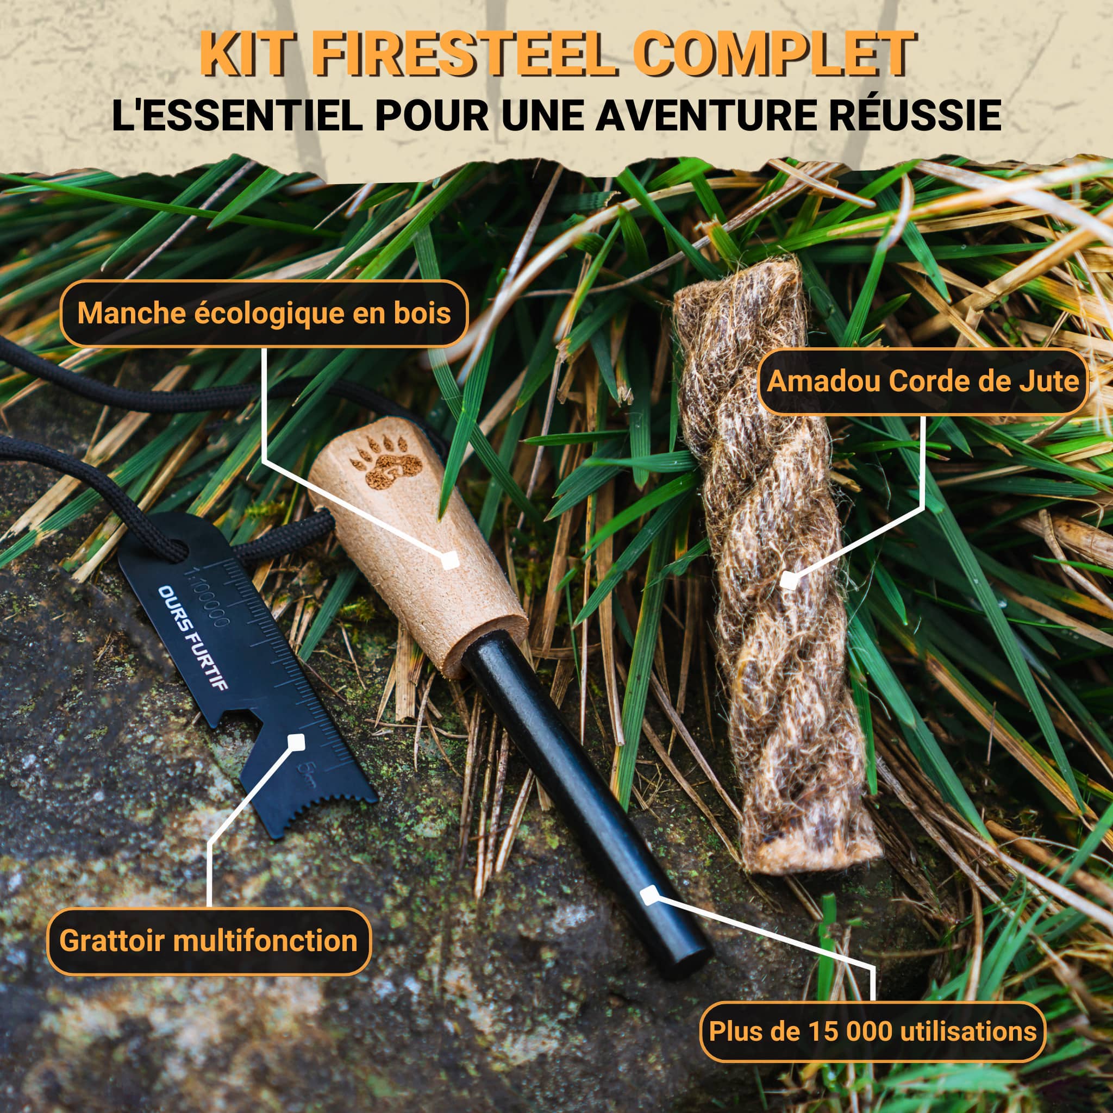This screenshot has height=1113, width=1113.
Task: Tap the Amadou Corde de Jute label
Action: [x=923, y=382]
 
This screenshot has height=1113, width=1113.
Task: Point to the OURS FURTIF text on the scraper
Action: [x=193, y=637]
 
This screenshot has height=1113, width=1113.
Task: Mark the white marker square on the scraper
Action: [x=296, y=741]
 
